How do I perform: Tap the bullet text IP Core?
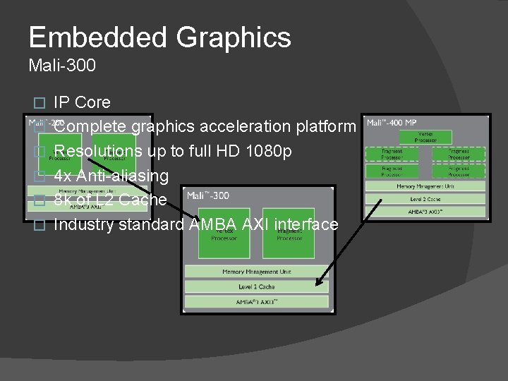click(x=82, y=102)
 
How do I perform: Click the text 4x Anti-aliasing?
click(x=111, y=175)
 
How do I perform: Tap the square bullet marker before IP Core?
click(x=40, y=103)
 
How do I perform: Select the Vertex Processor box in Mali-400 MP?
click(x=425, y=136)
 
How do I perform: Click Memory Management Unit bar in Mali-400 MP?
click(x=425, y=186)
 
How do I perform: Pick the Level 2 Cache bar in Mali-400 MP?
click(x=425, y=199)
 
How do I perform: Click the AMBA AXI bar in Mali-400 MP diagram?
click(x=425, y=211)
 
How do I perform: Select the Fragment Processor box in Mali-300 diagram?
click(x=287, y=233)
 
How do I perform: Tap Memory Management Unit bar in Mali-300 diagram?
click(x=256, y=272)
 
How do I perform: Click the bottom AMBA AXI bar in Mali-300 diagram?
click(x=256, y=301)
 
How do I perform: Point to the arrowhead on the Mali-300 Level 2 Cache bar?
click(x=319, y=284)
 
